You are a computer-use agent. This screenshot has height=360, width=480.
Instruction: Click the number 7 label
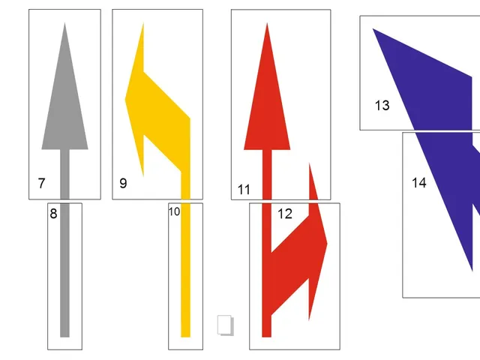click(42, 183)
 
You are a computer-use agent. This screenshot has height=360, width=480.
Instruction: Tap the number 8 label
click(53, 214)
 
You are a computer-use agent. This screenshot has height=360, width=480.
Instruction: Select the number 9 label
click(123, 183)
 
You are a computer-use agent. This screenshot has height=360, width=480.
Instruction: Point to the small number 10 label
click(174, 211)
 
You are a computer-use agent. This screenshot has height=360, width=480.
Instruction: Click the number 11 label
click(244, 190)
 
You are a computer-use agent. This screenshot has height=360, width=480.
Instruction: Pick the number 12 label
click(285, 214)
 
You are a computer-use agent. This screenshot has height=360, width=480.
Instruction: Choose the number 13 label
click(382, 105)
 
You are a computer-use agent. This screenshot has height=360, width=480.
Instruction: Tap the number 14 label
click(419, 183)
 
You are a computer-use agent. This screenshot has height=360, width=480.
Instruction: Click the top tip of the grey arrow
click(64, 23)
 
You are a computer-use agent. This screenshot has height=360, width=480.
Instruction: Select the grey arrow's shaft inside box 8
click(64, 270)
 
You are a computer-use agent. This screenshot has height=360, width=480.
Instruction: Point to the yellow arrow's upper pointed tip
click(143, 23)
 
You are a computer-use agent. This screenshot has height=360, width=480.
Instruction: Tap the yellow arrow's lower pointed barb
click(143, 175)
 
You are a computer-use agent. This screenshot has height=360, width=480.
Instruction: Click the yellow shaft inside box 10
click(185, 270)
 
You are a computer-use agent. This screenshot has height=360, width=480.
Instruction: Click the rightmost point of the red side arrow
click(327, 244)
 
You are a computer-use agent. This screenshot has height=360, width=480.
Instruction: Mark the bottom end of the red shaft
click(267, 337)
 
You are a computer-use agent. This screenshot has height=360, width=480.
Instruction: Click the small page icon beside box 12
click(226, 325)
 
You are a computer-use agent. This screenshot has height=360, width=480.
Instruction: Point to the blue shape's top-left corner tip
click(373, 29)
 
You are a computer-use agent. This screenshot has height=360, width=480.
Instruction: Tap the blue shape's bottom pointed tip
click(472, 270)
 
